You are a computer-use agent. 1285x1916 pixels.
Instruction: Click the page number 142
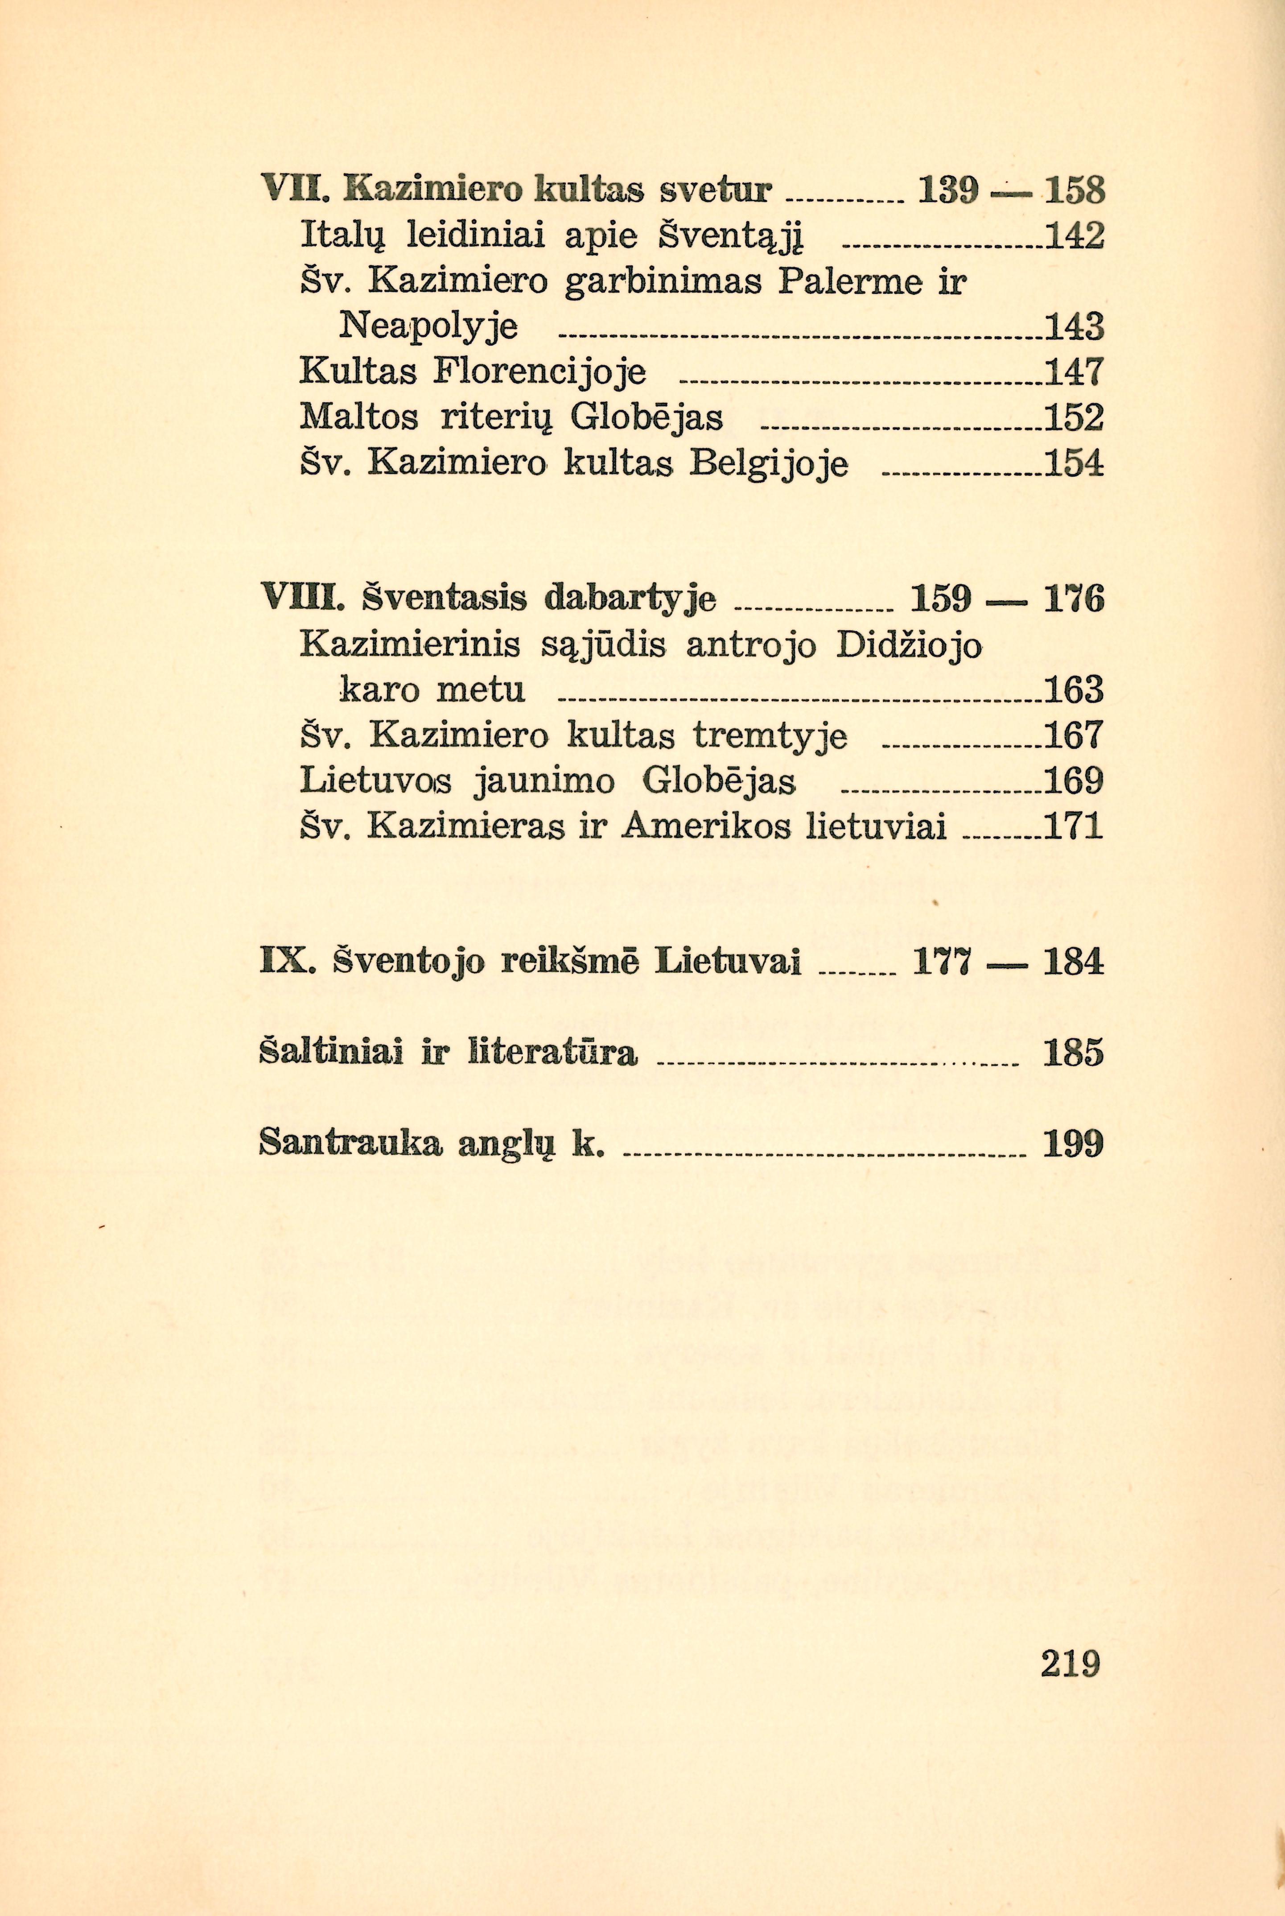pos(1075,237)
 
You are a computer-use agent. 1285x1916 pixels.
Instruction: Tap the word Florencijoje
pos(540,373)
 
